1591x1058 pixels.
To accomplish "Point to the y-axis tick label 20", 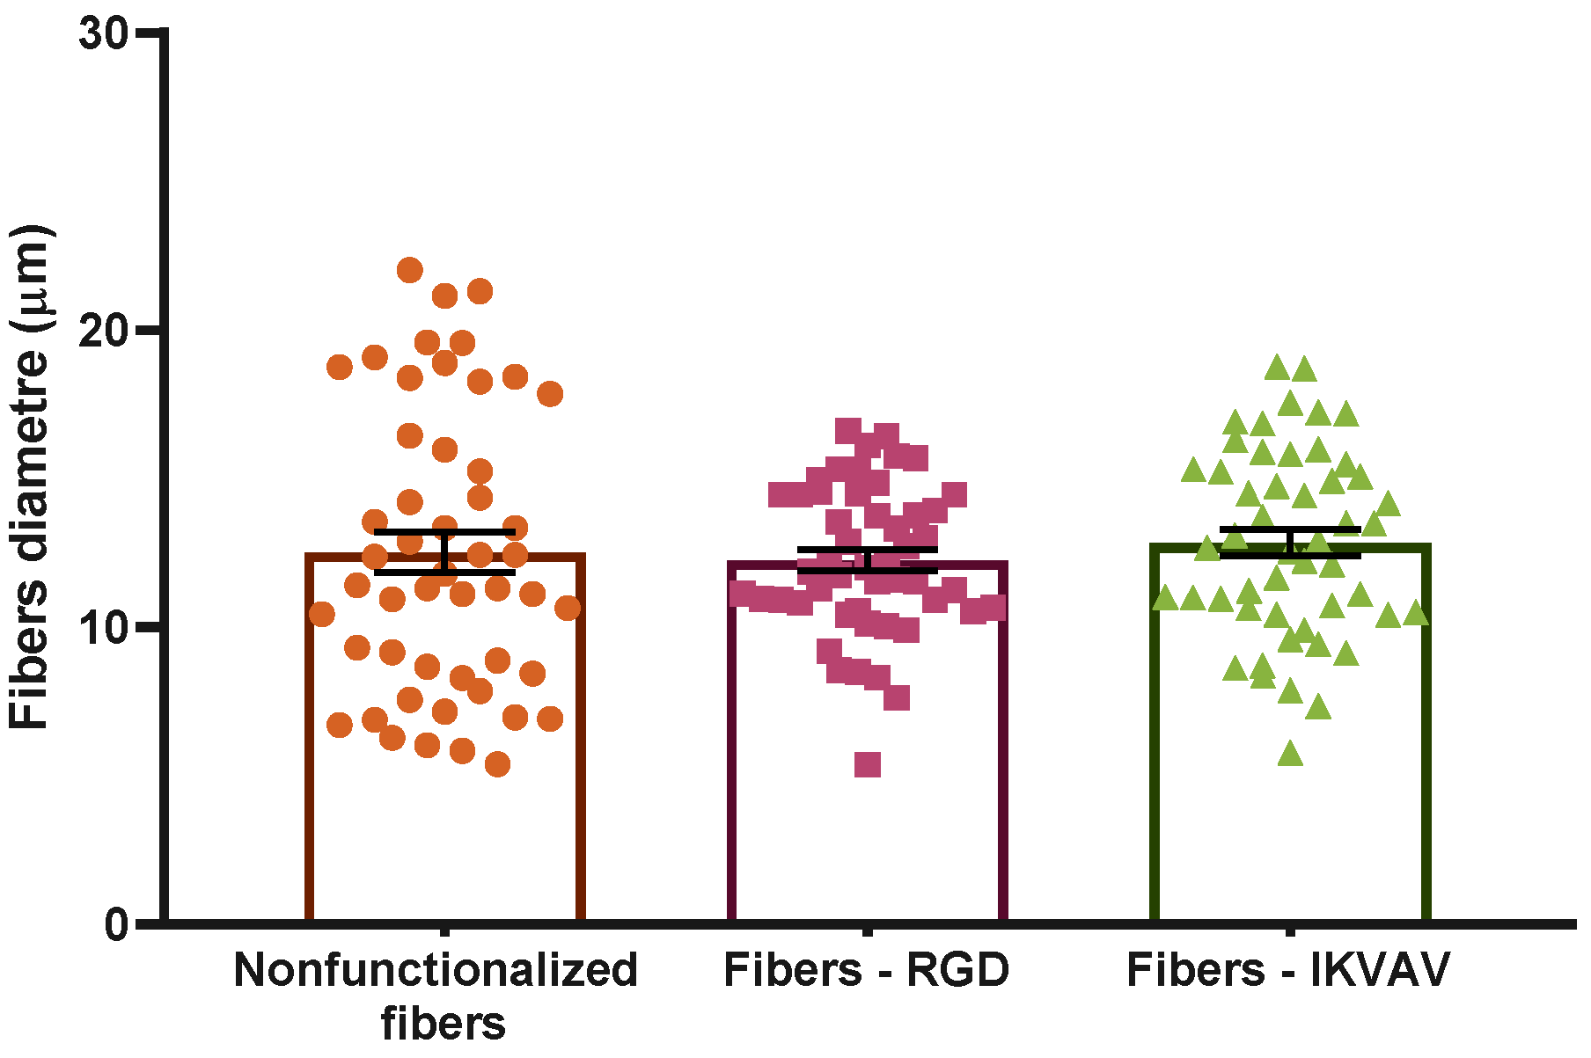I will pyautogui.click(x=102, y=332).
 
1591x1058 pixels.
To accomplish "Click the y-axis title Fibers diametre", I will pyautogui.click(x=30, y=476).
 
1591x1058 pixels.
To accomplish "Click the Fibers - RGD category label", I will pyautogui.click(x=866, y=970).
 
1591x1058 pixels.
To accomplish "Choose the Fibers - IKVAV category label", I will pyautogui.click(x=1288, y=970).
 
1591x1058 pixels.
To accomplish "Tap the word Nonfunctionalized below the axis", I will pyautogui.click(x=435, y=970).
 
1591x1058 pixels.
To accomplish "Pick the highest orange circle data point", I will pyautogui.click(x=409, y=270).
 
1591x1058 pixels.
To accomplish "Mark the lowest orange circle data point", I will pyautogui.click(x=497, y=764).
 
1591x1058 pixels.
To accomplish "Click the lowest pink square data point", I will pyautogui.click(x=868, y=764).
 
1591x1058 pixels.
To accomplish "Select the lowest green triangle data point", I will pyautogui.click(x=1290, y=754).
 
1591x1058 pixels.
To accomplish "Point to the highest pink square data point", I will pyautogui.click(x=848, y=430).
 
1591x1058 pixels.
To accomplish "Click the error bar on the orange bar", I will pyautogui.click(x=444, y=551).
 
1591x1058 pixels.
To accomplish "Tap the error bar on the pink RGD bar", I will pyautogui.click(x=868, y=559).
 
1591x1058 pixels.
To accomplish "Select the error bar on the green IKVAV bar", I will pyautogui.click(x=1290, y=542).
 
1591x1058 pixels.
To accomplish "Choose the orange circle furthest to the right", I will pyautogui.click(x=568, y=608).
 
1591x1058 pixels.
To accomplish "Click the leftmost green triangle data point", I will pyautogui.click(x=1166, y=599).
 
